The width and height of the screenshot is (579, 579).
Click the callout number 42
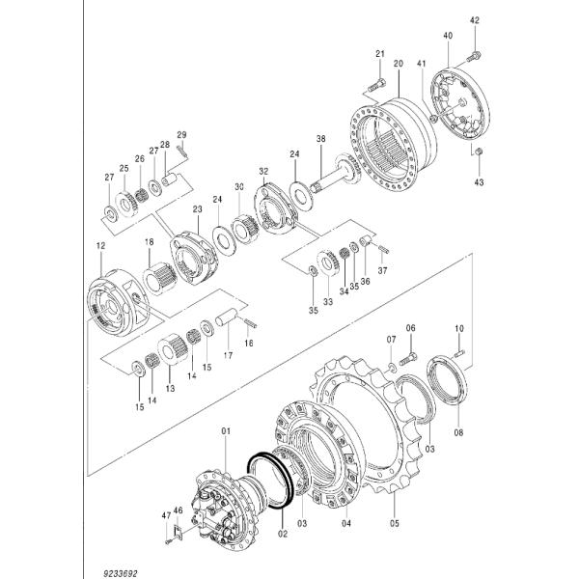coord(474,20)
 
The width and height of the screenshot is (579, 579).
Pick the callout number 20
coord(398,63)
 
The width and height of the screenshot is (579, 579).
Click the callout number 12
coord(100,248)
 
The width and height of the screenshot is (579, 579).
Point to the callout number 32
coord(262,171)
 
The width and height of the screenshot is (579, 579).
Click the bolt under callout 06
coord(407,358)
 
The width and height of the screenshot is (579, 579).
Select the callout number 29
coord(181,133)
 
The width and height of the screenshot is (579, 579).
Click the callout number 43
coord(480,180)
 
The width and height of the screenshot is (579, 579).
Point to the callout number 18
coord(149,242)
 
